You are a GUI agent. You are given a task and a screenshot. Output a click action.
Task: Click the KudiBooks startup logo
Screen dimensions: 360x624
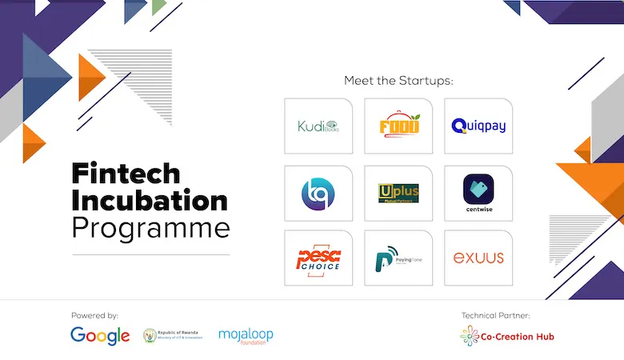point(318,126)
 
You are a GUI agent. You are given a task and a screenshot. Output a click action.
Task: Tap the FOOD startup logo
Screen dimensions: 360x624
point(398,126)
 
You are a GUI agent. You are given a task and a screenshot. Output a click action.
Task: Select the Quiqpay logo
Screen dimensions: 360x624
point(478,126)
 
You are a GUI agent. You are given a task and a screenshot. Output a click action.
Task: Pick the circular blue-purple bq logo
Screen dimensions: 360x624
point(318,193)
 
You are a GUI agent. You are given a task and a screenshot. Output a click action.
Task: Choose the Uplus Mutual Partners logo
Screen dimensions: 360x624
point(398,193)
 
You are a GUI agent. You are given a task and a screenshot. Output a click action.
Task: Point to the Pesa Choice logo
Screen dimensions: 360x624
point(318,258)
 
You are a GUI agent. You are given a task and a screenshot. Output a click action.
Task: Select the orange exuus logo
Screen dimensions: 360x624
point(478,258)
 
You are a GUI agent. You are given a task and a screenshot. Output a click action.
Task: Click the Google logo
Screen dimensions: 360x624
point(100,335)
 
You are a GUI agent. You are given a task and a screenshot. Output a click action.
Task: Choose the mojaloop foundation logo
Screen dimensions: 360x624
point(246,335)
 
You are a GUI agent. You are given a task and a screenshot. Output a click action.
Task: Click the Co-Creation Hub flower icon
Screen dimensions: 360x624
point(470,336)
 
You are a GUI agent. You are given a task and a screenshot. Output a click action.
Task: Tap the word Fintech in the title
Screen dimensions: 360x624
point(125,172)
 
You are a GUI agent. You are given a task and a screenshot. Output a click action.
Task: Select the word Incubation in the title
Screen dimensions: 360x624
point(150,199)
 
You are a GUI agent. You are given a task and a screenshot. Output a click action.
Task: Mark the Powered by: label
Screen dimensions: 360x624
point(94,315)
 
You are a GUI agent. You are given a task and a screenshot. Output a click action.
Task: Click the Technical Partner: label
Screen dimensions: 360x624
point(495,315)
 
